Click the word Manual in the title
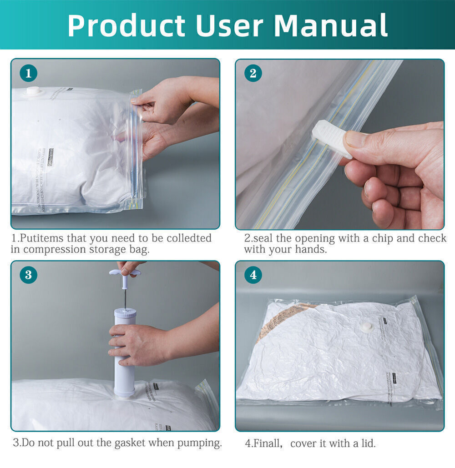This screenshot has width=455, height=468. click(x=331, y=25)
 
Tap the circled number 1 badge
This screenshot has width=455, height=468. click(x=28, y=73)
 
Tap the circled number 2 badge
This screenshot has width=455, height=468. click(x=253, y=73)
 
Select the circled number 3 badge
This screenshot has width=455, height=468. click(x=28, y=275)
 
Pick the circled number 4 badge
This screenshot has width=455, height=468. click(x=253, y=275)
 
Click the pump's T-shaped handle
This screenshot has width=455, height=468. click(x=125, y=273)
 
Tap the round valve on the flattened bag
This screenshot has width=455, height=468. click(x=366, y=327)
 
